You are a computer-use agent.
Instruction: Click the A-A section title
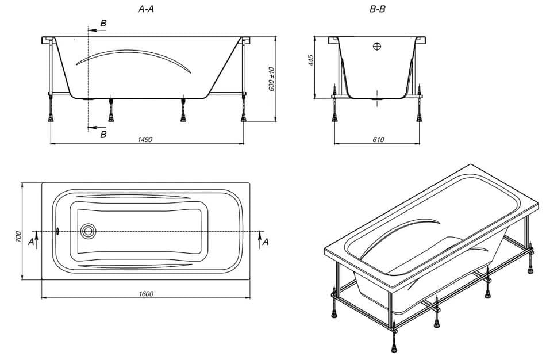coord(146,9)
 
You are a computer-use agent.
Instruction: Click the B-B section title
coord(377,9)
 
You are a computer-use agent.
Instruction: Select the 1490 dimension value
coord(144,139)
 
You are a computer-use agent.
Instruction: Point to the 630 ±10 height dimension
coord(272,79)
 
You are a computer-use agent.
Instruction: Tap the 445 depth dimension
coord(312,60)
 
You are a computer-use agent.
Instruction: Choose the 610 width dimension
coord(378,139)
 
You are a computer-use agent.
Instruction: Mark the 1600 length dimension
coord(146,294)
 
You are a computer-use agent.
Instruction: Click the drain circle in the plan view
coord(88,231)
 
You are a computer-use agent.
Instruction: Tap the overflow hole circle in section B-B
coord(377,46)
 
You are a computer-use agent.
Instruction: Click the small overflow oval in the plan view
coord(57,231)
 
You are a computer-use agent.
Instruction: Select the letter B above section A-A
coord(103,24)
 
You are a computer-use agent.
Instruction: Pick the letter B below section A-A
coord(103,135)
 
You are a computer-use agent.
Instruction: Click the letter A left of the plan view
coord(31,242)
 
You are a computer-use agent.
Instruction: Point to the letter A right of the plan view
coord(266,242)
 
